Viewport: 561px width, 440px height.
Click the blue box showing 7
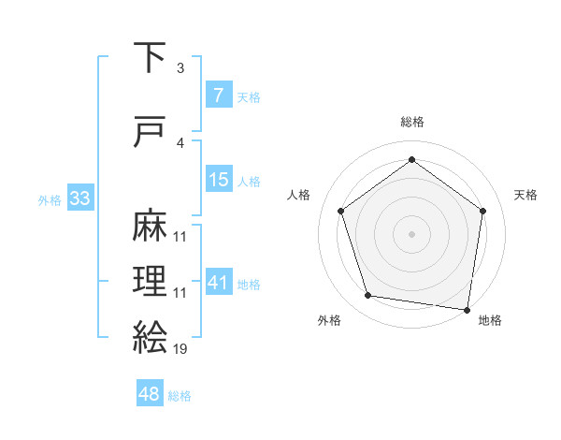pos(218,95)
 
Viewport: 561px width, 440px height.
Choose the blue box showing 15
pos(218,180)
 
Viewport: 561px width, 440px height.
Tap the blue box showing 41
pos(218,283)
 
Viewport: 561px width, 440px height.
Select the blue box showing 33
pos(79,198)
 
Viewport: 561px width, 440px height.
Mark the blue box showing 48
pos(150,394)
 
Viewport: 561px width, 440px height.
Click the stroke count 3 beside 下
pos(180,68)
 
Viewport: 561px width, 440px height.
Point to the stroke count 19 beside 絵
pos(180,349)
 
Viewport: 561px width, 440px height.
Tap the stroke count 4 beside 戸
pos(180,143)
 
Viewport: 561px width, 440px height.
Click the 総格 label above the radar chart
pos(411,123)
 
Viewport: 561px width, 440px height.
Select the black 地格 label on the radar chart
pos(490,321)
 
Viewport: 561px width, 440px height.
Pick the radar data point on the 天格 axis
pos(482,211)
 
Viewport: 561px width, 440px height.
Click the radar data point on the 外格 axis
pos(368,296)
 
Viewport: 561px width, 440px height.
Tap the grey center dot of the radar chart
pos(411,233)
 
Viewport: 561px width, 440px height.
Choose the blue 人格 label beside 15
pos(249,181)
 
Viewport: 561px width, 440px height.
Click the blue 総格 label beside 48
pos(180,396)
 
